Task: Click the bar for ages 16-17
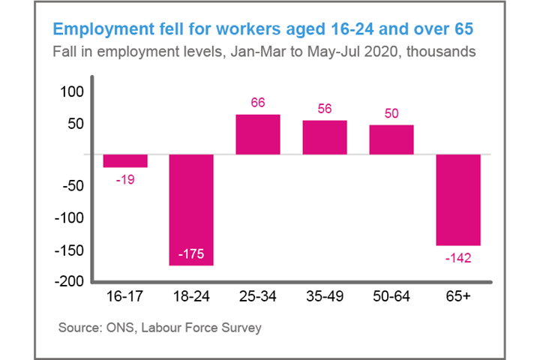coord(125,160)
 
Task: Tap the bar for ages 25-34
coord(258,134)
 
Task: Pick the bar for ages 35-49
coord(325,137)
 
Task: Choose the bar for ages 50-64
coord(391,139)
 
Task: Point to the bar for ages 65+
coord(458,199)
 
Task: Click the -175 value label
coord(191,255)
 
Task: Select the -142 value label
coord(458,257)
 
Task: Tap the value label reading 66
coord(258,103)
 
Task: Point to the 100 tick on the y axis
coord(73,91)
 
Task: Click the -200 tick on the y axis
coord(70,281)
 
